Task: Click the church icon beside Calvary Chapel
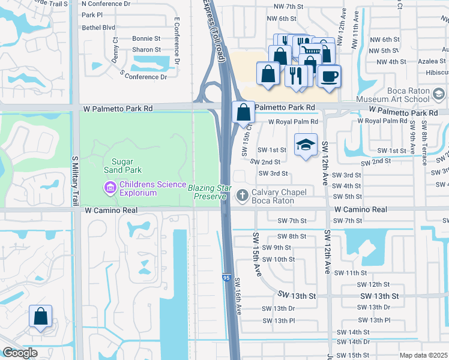[243, 194]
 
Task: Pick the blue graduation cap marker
[306, 145]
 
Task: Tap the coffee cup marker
[328, 76]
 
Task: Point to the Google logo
[20, 353]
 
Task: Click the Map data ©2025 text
[423, 355]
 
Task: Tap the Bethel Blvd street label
[98, 28]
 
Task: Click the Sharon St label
[146, 50]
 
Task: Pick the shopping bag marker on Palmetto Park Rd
[243, 112]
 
